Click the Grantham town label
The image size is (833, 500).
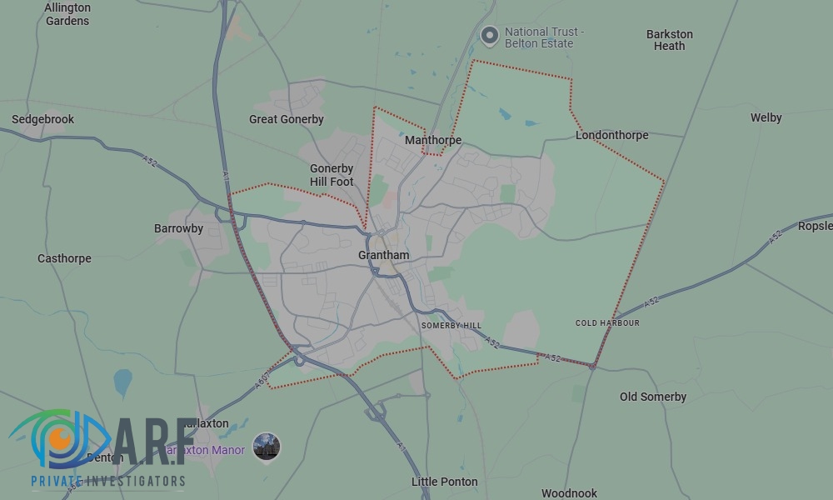pos(383,255)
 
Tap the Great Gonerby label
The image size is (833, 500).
pos(286,119)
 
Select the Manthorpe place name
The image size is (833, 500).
pos(432,140)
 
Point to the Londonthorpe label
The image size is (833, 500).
pos(611,135)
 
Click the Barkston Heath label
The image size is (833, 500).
pos(669,40)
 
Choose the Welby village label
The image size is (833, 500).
pos(766,117)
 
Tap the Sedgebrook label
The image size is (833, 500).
pos(42,119)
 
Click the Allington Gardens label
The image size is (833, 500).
pos(67,14)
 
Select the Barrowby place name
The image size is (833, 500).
pos(178,228)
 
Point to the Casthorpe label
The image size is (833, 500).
pos(64,258)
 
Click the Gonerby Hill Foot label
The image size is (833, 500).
pos(332,175)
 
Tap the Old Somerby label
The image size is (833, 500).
pos(652,397)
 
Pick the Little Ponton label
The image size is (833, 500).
pos(444,482)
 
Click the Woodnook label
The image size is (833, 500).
pos(569,493)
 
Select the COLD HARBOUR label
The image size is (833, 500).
pos(607,323)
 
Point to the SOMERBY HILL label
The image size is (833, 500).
pos(451,325)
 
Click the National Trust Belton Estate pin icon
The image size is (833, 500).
pos(490,35)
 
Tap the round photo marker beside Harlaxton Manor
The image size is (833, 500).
pos(267,447)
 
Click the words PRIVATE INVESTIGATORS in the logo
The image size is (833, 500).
pos(107,481)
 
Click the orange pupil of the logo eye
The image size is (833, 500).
pos(59,437)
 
